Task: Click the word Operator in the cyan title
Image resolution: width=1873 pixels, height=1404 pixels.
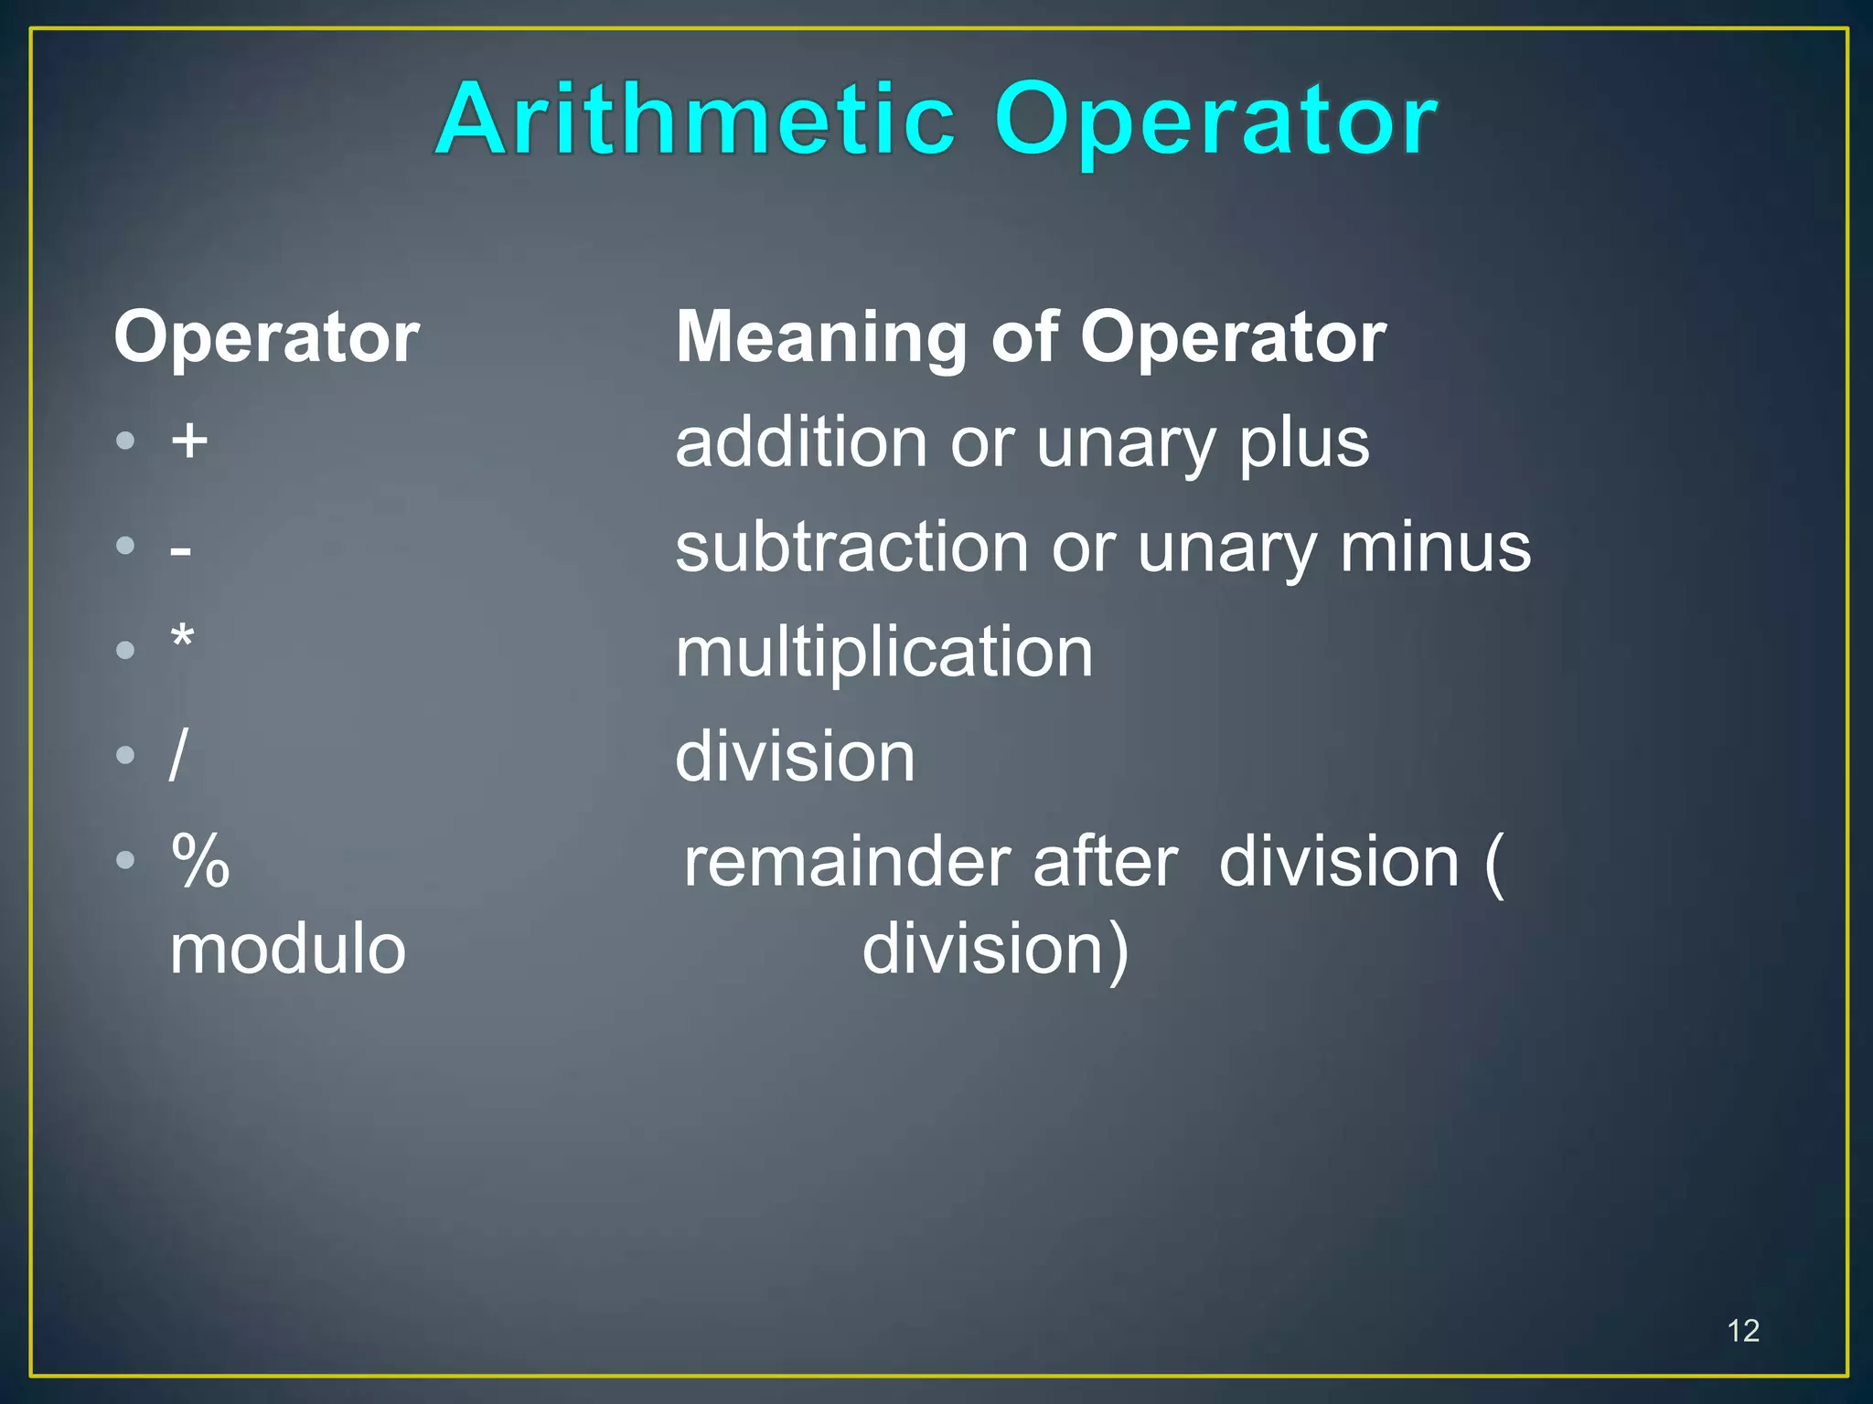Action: point(1216,122)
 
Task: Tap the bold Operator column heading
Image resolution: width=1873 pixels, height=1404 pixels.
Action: point(266,337)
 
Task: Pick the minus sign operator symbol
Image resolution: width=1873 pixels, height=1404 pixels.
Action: point(181,549)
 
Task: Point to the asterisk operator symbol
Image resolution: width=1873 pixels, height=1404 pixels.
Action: point(183,636)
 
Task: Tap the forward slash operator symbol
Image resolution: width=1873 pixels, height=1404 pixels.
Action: point(178,755)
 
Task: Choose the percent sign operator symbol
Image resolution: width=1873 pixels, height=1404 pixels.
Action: point(200,860)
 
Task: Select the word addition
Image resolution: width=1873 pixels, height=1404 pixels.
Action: point(802,442)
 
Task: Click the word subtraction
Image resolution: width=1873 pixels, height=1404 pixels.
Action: point(852,548)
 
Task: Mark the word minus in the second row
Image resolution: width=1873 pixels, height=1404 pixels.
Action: point(1435,548)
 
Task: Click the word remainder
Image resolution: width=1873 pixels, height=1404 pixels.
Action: point(847,862)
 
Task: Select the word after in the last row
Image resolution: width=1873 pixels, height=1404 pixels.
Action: point(1105,862)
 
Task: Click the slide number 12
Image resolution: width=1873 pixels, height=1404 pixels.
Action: point(1743,1331)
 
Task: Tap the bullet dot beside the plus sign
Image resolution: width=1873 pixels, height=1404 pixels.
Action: point(126,441)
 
